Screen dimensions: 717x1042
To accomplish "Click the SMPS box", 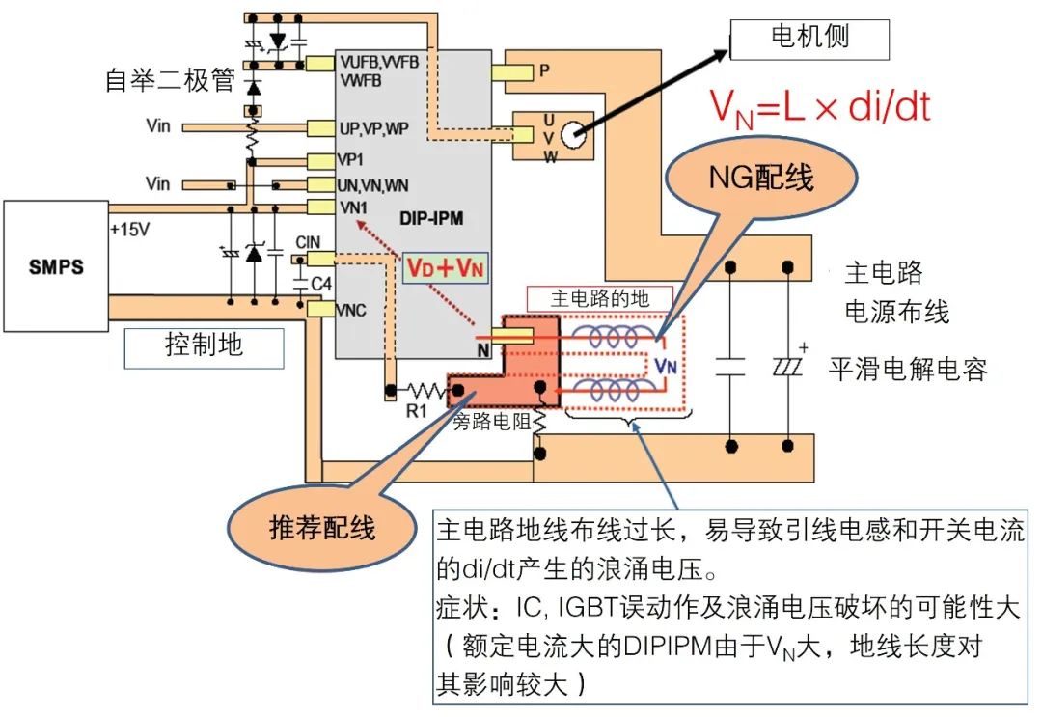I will click(x=54, y=265).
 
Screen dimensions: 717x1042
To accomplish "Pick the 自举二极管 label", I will click(x=170, y=81).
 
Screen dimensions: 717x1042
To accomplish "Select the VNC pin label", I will click(x=348, y=310).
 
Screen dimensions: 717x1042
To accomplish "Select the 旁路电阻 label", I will click(x=490, y=422).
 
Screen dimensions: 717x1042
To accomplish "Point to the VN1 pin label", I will click(x=351, y=206).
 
